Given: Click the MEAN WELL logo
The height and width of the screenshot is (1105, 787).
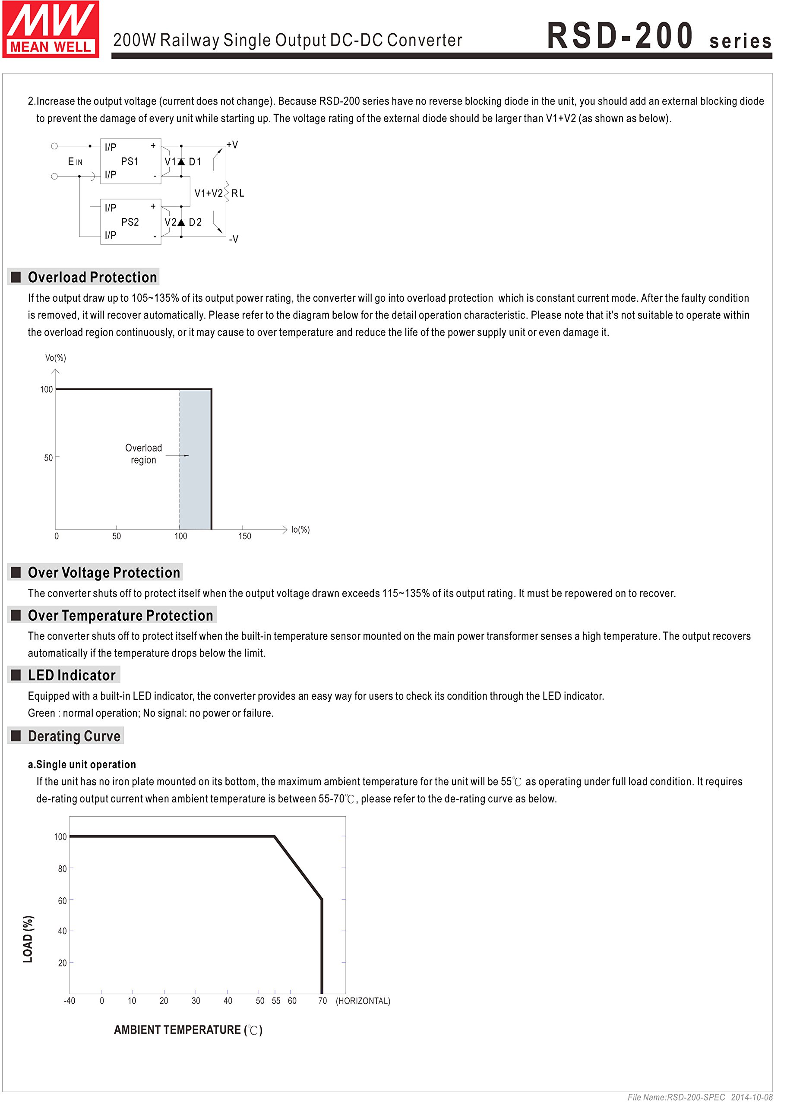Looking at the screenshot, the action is tap(51, 29).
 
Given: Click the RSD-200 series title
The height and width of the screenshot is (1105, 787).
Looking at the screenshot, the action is tap(659, 36).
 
